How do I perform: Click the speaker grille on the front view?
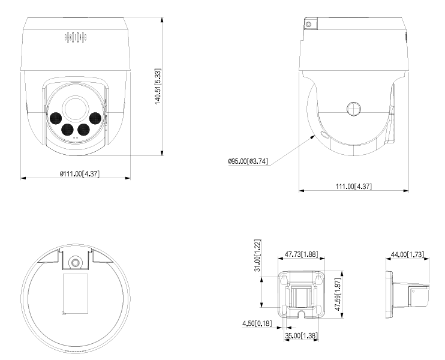pos(76,37)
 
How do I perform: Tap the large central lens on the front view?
pos(76,107)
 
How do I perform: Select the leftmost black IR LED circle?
pos(56,117)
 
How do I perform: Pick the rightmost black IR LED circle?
pos(95,118)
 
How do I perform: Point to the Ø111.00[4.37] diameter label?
pos(76,172)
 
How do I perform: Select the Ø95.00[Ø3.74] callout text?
pos(248,161)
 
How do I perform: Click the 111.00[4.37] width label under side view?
pos(354,187)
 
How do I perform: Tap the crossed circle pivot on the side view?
pos(354,108)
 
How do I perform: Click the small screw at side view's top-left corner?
pos(309,23)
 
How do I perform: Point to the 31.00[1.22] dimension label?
pos(257,255)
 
